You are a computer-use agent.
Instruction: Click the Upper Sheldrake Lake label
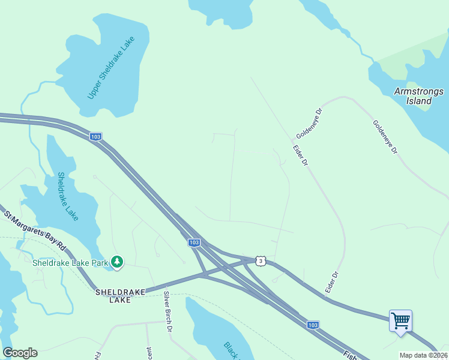pyautogui.click(x=111, y=68)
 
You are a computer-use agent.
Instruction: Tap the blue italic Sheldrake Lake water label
pyautogui.click(x=68, y=196)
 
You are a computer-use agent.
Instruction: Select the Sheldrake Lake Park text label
pyautogui.click(x=70, y=262)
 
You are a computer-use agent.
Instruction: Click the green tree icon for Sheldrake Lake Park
pyautogui.click(x=118, y=262)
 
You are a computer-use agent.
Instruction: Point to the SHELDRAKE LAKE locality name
pyautogui.click(x=120, y=295)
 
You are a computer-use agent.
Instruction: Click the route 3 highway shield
pyautogui.click(x=259, y=260)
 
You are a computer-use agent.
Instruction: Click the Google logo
pyautogui.click(x=20, y=353)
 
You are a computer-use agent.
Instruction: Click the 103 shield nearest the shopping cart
pyautogui.click(x=313, y=325)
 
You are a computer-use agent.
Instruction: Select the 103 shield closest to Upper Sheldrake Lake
pyautogui.click(x=95, y=137)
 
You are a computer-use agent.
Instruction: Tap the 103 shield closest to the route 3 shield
pyautogui.click(x=193, y=242)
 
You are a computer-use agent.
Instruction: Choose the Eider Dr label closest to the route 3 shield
pyautogui.click(x=332, y=282)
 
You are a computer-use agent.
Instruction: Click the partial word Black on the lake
pyautogui.click(x=232, y=350)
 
